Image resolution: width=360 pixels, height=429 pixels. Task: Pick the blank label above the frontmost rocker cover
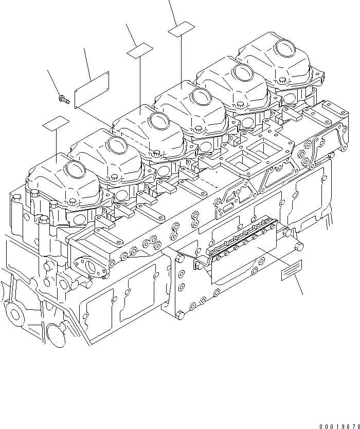click(x=56, y=123)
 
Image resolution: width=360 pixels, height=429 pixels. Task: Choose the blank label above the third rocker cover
click(x=140, y=51)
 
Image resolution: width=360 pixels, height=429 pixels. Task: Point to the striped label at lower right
click(x=292, y=271)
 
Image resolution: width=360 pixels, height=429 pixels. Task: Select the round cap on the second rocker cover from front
click(x=118, y=145)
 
